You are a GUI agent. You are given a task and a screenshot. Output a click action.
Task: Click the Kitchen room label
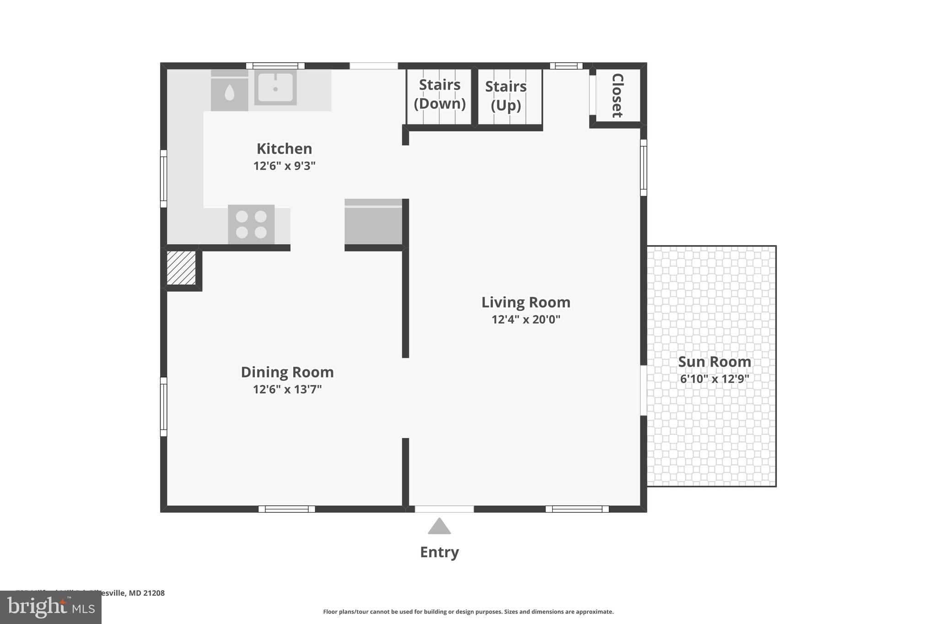click(x=284, y=149)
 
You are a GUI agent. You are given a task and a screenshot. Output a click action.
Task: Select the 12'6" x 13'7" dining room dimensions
click(x=287, y=389)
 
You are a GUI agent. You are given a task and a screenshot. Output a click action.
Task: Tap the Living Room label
click(x=526, y=302)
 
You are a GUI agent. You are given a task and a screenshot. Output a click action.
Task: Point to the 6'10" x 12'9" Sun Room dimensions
click(x=714, y=379)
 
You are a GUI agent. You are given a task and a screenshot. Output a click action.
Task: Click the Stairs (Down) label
click(x=440, y=94)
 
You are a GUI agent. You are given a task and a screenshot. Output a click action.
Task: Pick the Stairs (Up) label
click(x=506, y=96)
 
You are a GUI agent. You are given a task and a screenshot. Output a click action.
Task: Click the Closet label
click(x=617, y=95)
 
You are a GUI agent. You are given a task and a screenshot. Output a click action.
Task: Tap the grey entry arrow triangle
click(x=439, y=527)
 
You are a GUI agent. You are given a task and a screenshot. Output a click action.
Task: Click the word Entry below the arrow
click(x=439, y=552)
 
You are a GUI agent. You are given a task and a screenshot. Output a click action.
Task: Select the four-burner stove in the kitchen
click(x=251, y=224)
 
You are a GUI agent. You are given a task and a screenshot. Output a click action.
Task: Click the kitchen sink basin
click(x=275, y=87)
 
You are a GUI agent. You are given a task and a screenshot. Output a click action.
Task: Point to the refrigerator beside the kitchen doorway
click(x=373, y=222)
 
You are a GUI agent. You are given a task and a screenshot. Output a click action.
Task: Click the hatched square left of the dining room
click(x=181, y=268)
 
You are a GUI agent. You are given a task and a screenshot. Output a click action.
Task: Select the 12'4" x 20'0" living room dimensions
click(x=526, y=320)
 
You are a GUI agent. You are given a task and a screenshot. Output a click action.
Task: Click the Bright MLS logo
click(x=50, y=608)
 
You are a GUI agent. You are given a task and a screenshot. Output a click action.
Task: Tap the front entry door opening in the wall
click(x=444, y=509)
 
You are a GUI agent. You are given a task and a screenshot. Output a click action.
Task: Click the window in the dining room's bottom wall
click(x=287, y=509)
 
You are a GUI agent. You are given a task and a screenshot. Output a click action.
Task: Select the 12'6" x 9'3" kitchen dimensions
click(x=284, y=166)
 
